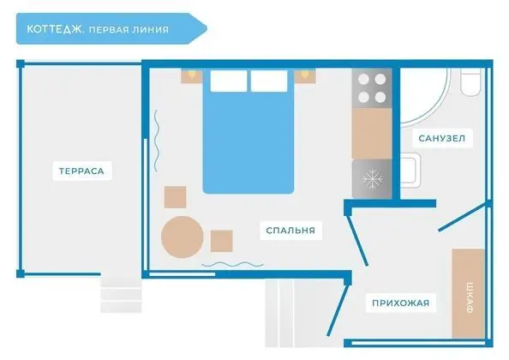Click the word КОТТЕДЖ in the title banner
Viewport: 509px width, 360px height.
point(54,29)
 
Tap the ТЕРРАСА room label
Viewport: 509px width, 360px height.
point(81,171)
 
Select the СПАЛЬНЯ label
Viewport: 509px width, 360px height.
point(289,230)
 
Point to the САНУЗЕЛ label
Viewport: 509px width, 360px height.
point(441,138)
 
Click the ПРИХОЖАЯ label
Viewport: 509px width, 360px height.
point(400,303)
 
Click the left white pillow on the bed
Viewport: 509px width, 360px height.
point(228,81)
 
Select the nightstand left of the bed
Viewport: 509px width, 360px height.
point(190,75)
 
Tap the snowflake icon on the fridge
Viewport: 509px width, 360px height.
point(371,180)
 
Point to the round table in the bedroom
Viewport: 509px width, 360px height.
point(183,237)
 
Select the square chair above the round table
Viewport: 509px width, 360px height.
point(176,196)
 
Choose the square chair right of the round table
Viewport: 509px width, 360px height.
point(222,241)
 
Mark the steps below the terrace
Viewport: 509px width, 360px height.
point(119,296)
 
